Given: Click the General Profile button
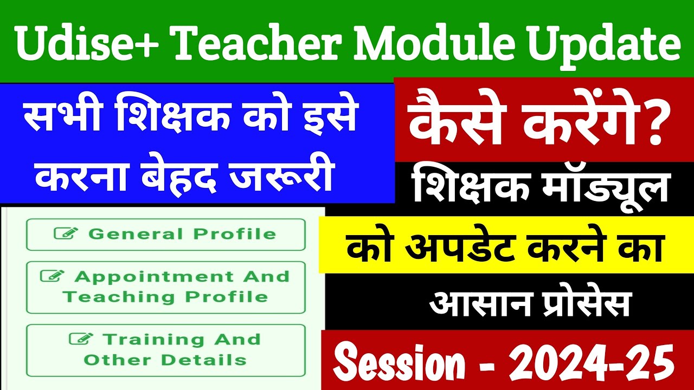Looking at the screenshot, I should tap(165, 235).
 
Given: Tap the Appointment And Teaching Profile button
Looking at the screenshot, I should tap(165, 287).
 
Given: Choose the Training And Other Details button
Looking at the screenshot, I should tap(165, 350).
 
